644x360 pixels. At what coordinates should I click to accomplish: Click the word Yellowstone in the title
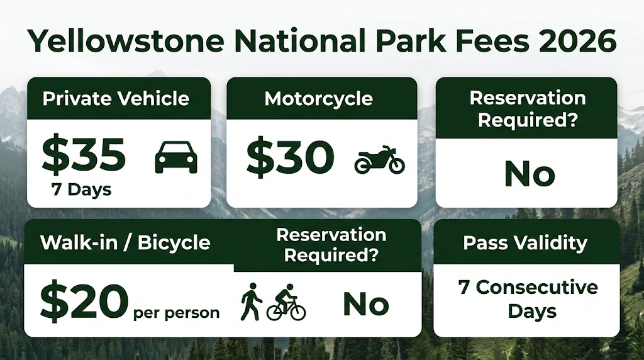(x=126, y=41)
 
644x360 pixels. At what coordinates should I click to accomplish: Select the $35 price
(x=84, y=155)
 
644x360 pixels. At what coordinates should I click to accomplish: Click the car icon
(x=176, y=157)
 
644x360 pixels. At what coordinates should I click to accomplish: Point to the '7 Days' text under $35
(x=82, y=189)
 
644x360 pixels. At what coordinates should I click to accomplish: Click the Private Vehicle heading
(x=116, y=99)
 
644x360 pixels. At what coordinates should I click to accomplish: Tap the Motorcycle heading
(x=319, y=99)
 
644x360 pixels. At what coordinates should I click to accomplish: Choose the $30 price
(x=291, y=157)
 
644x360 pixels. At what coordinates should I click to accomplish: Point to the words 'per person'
(x=177, y=313)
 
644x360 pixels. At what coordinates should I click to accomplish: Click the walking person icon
(x=251, y=301)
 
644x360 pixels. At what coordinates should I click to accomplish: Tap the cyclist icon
(x=286, y=302)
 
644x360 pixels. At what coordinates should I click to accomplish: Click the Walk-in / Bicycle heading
(x=125, y=242)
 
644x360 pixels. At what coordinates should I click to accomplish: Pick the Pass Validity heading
(x=525, y=242)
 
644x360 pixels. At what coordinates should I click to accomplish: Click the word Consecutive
(x=537, y=287)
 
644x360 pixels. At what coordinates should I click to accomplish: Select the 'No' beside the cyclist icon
(x=366, y=305)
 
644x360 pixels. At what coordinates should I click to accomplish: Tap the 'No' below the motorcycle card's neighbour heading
(x=530, y=174)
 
